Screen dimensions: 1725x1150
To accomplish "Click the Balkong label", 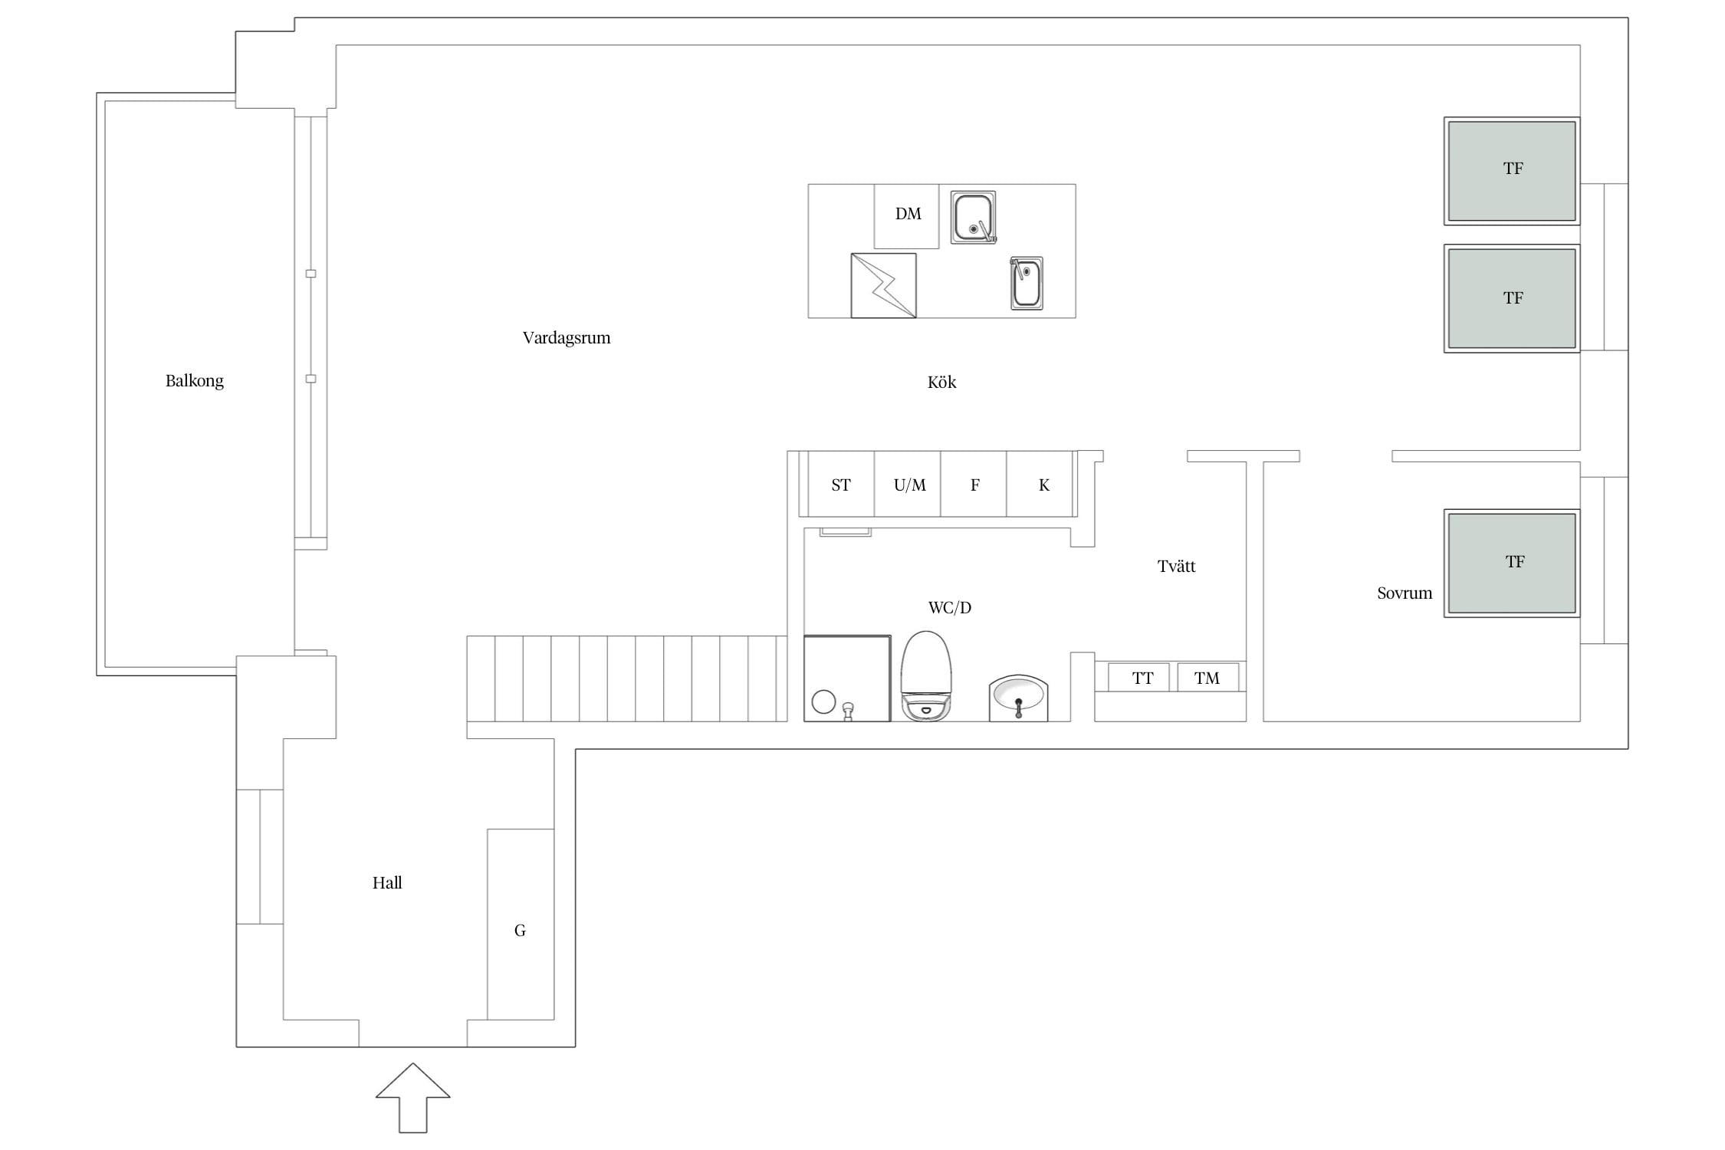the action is (x=195, y=381).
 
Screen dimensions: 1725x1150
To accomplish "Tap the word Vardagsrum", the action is (x=567, y=338).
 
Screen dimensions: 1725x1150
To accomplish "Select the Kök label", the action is (x=941, y=383).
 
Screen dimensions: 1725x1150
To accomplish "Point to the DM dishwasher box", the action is (x=906, y=216).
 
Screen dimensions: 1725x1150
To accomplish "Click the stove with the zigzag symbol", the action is (x=883, y=285).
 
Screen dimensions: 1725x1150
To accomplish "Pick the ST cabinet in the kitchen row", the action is (x=841, y=484).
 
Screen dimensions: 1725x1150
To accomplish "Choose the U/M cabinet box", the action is (x=908, y=484).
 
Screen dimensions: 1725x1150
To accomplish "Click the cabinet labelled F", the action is (x=974, y=484).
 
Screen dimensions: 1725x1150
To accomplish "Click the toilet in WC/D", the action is (x=926, y=676).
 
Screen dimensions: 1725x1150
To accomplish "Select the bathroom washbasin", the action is (x=1018, y=698).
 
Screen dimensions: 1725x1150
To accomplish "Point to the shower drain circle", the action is (x=823, y=701).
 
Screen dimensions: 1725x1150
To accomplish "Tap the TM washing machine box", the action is (x=1208, y=678).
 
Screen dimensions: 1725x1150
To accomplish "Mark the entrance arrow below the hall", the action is (x=412, y=1098).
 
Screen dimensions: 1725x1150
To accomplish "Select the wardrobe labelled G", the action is (x=521, y=925).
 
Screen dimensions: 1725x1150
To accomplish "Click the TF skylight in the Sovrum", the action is (x=1512, y=563).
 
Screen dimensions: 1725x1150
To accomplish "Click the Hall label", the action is (x=387, y=883).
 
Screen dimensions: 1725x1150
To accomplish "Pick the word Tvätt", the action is (x=1176, y=567).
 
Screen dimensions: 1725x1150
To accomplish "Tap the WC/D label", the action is (x=949, y=608).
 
